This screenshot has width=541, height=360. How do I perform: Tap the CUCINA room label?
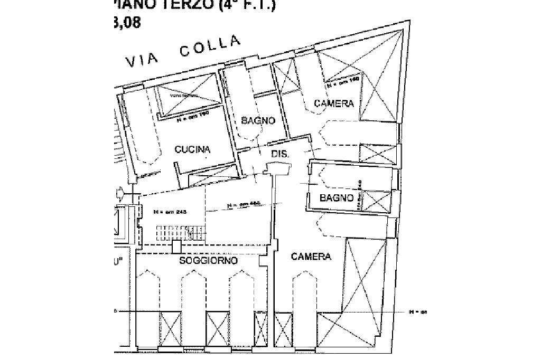(x=192, y=149)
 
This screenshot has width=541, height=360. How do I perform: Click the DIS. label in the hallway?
(x=278, y=154)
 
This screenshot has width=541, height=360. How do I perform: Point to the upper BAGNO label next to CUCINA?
(x=258, y=120)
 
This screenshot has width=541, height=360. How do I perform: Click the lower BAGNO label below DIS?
(x=336, y=198)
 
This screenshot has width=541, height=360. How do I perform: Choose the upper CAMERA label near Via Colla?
(x=333, y=103)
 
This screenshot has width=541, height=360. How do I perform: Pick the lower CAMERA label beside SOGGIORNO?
(x=311, y=257)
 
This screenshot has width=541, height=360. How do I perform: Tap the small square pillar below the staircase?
(x=177, y=246)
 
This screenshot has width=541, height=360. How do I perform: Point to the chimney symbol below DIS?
(x=278, y=168)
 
